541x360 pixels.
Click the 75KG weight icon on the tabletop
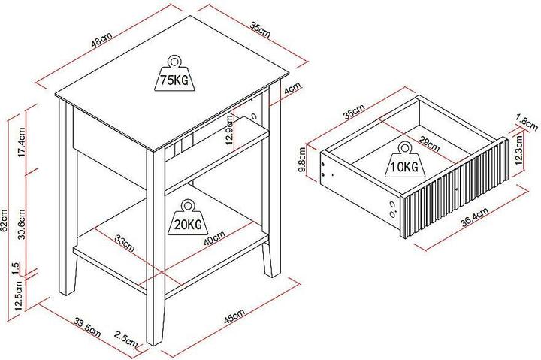(x=174, y=74)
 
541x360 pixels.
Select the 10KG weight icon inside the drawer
(x=403, y=160)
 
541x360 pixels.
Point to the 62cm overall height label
(x=5, y=220)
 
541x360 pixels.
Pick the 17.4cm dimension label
(x=21, y=142)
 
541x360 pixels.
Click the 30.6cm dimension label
(x=21, y=224)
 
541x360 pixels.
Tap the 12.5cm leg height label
(x=19, y=295)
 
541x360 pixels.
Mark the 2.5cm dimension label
(x=126, y=339)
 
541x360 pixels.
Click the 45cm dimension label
(x=234, y=316)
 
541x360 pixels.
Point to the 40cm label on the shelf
(x=214, y=238)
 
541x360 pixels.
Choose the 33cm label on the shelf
(x=125, y=243)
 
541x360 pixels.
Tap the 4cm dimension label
(x=292, y=88)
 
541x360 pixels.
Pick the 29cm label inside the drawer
(x=429, y=144)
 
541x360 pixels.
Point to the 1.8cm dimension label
(x=527, y=123)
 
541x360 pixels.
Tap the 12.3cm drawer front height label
(x=518, y=150)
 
